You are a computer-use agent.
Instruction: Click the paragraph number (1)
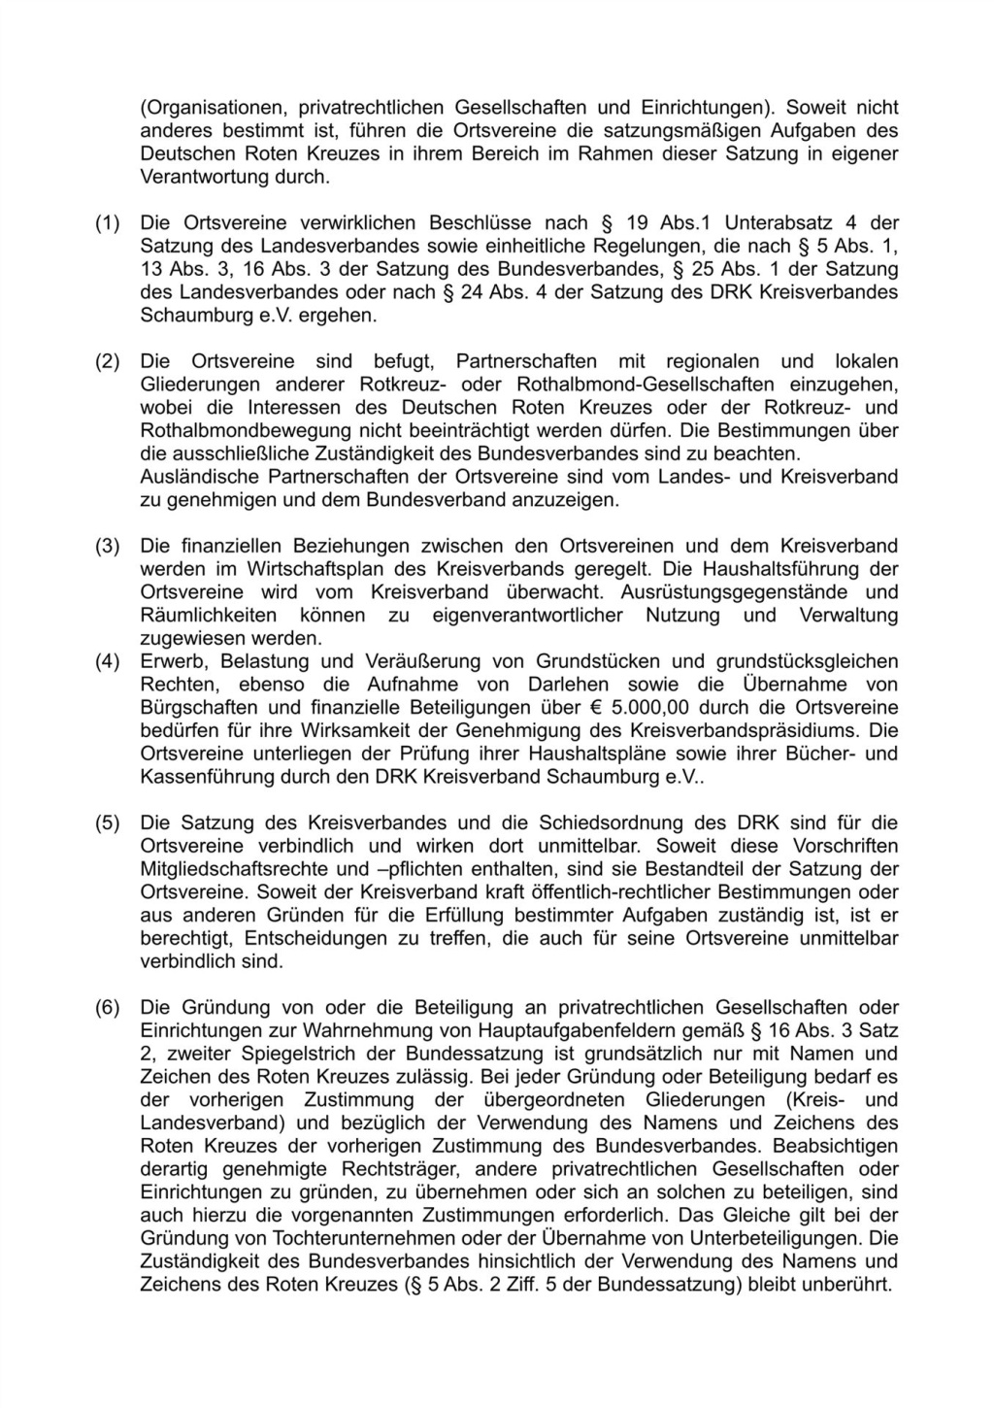106,223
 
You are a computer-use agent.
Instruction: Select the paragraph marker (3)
106,546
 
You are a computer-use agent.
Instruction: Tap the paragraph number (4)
106,662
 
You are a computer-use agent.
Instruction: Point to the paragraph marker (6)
106,1008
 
